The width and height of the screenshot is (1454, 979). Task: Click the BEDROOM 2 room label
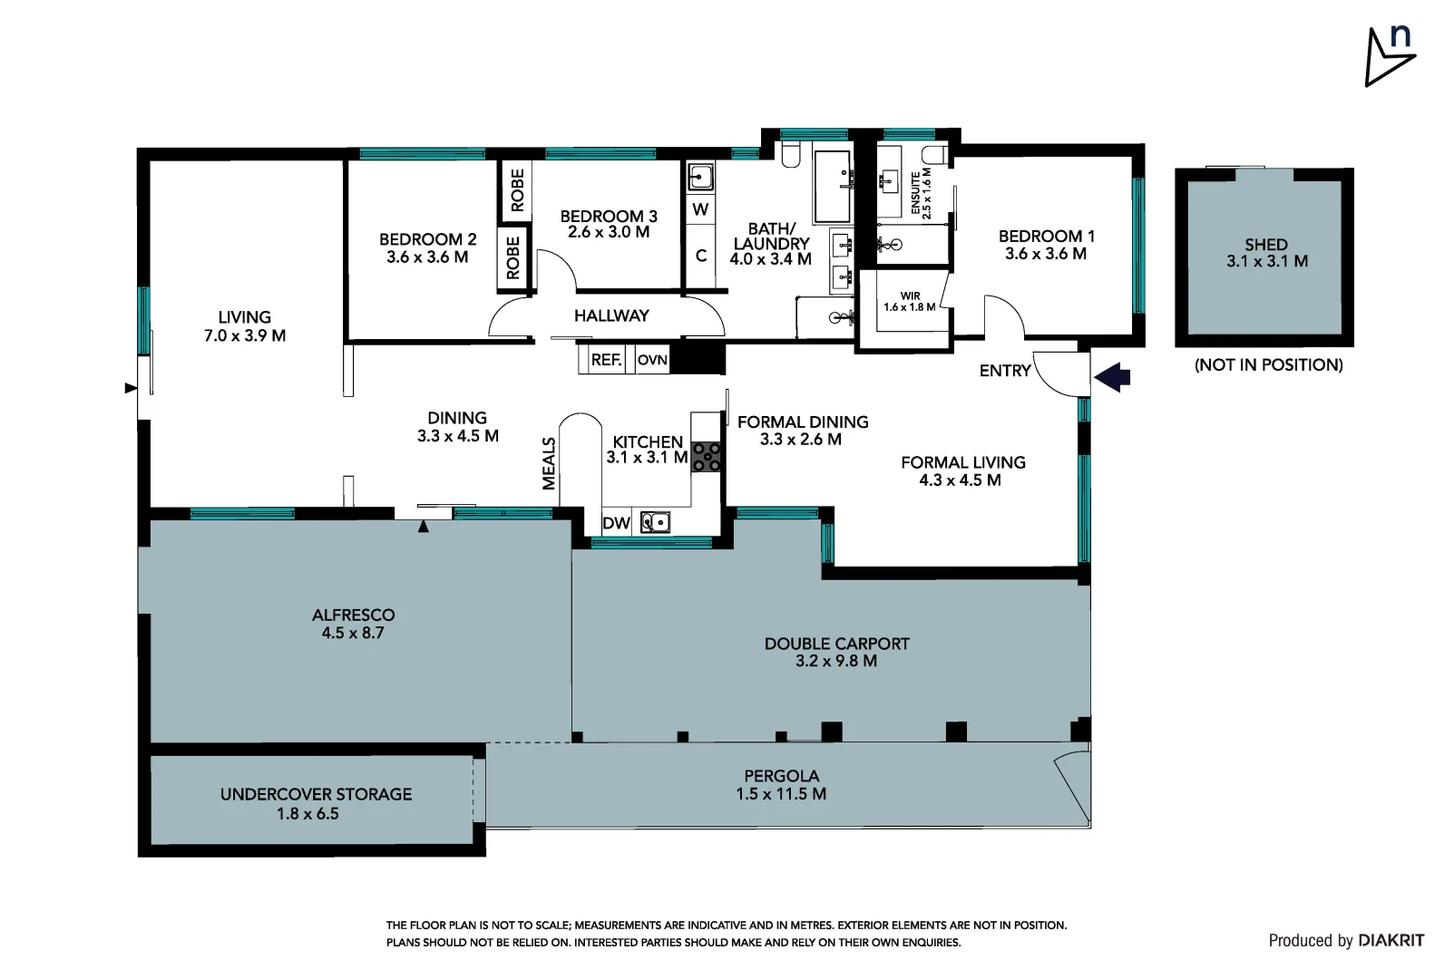427,248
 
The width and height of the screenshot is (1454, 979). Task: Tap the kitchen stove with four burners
706,456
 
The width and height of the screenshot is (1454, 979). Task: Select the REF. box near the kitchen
606,360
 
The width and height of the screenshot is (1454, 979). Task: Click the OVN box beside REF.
652,360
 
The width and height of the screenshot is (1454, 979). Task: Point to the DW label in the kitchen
616,523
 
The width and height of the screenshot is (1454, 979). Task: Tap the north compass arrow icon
1389,56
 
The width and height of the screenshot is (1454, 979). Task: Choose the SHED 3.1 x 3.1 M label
1266,253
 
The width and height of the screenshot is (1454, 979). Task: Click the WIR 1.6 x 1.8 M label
910,302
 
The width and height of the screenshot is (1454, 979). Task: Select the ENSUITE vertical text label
922,191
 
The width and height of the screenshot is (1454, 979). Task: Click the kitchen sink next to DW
655,522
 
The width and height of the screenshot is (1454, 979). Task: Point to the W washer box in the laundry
700,209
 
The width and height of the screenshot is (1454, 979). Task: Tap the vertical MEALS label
549,463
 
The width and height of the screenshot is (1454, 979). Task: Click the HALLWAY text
611,315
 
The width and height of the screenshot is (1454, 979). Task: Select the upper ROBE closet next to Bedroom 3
517,190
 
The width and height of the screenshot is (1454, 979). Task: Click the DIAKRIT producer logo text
1391,941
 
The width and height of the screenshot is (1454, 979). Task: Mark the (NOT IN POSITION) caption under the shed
1268,364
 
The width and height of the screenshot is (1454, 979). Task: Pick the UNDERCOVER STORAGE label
316,803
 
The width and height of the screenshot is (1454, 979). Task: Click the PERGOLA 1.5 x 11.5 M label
781,785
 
